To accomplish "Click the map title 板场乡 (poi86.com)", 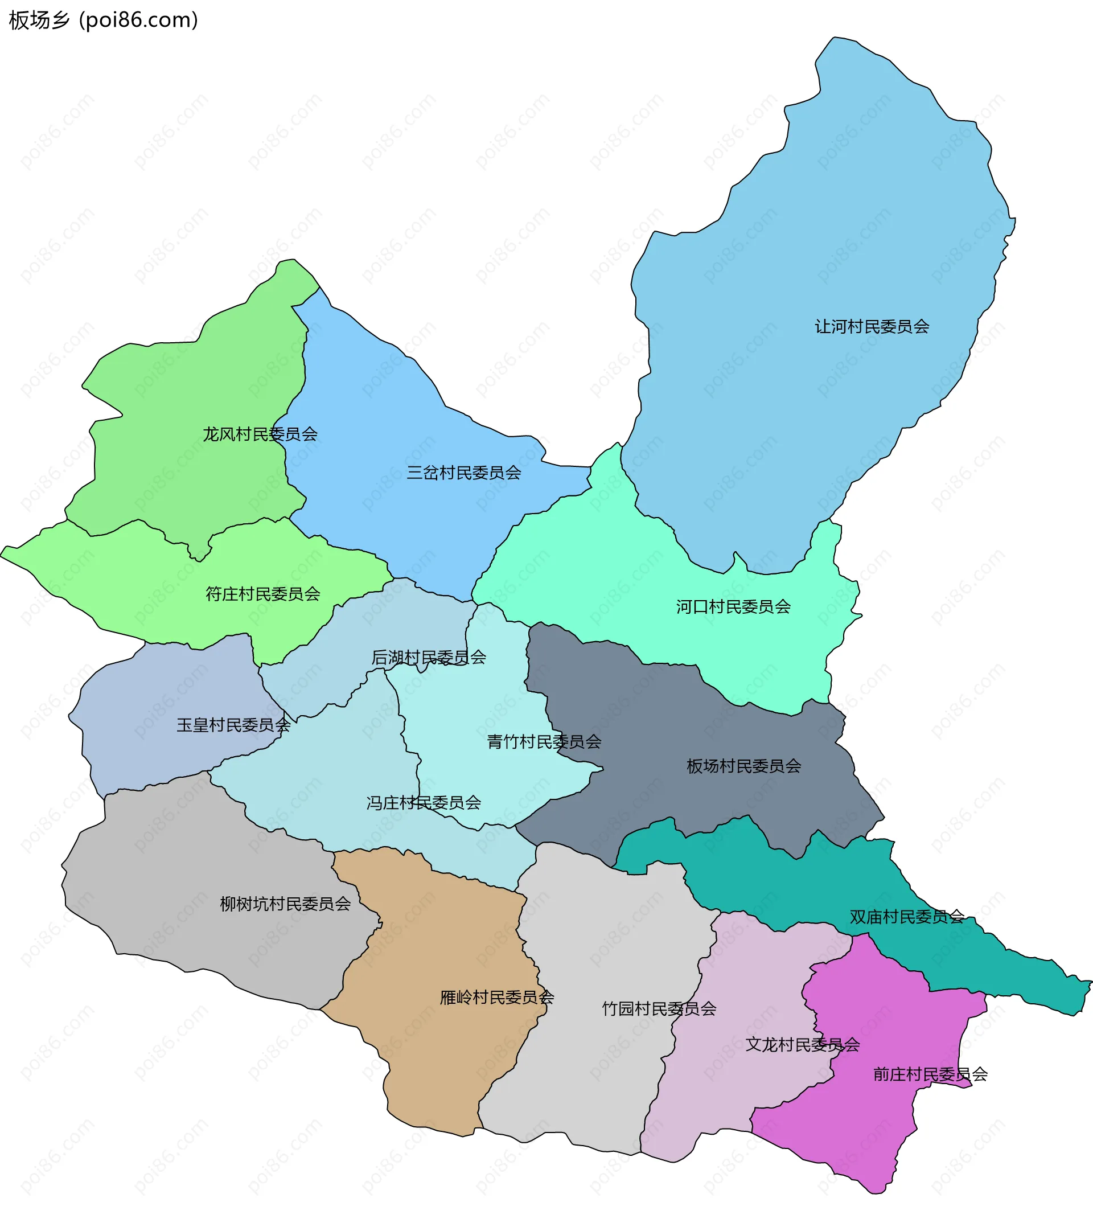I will (103, 20).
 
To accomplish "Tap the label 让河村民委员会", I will (872, 326).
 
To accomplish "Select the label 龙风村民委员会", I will (260, 434).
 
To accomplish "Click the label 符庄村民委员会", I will (262, 594).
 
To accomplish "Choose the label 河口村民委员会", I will (733, 606).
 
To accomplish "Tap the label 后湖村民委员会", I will (428, 657).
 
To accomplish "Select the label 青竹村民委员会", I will (544, 741).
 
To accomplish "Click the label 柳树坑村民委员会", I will (285, 904).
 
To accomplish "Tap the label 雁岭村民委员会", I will (497, 998).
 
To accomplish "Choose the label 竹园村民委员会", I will (659, 1008).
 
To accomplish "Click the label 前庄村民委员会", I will (930, 1074).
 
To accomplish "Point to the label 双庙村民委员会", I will (906, 917).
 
